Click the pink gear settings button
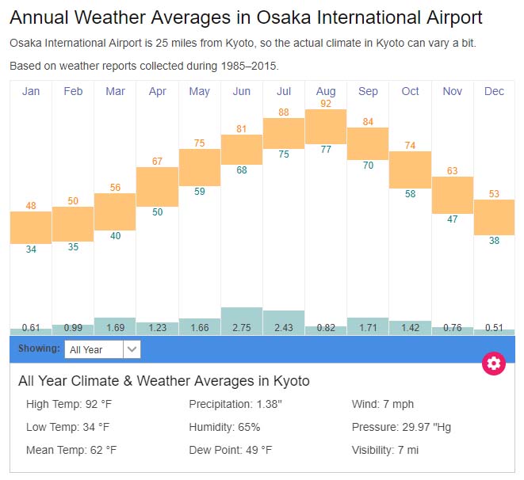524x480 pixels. tap(494, 364)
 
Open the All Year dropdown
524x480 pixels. tap(103, 349)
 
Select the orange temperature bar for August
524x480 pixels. tap(326, 127)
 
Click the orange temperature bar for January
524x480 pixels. tap(31, 227)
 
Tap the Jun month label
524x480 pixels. tap(242, 92)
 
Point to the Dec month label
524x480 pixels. tap(494, 92)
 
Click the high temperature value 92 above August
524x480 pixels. tap(326, 103)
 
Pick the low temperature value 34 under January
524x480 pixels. tap(31, 250)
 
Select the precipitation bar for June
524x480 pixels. tap(242, 320)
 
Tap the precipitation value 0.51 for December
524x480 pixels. tap(494, 328)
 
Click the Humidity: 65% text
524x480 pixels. tap(224, 427)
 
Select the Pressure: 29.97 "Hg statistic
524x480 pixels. tap(401, 427)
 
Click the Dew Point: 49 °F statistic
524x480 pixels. tap(230, 450)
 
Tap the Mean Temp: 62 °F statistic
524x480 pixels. tap(71, 450)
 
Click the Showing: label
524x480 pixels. tap(39, 349)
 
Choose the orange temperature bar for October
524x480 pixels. tap(410, 170)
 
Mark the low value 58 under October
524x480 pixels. tap(410, 194)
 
